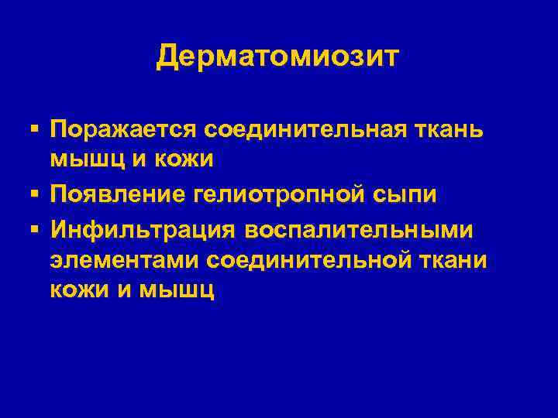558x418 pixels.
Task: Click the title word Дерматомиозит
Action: pyautogui.click(x=278, y=56)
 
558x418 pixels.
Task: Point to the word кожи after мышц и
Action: pyautogui.click(x=167, y=160)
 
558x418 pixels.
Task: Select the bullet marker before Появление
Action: pyautogui.click(x=36, y=194)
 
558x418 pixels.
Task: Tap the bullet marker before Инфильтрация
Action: pyautogui.click(x=36, y=228)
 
